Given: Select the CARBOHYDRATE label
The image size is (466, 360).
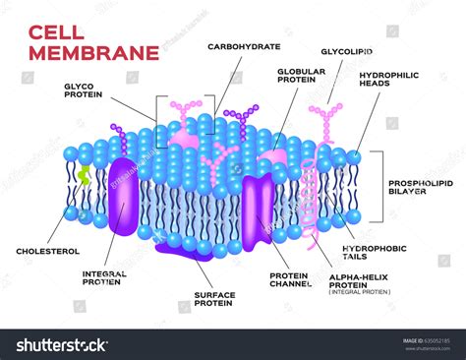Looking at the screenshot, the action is tap(244, 46).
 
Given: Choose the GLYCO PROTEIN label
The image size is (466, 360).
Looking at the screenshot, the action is tap(84, 91).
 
